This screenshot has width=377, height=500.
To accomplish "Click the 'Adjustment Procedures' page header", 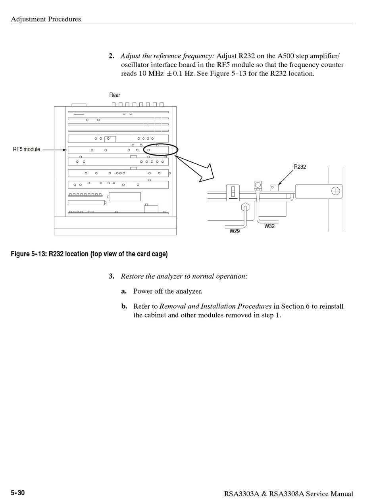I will pos(46,19).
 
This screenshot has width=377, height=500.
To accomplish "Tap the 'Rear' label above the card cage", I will pos(115,95).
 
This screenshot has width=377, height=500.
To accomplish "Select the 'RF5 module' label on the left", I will pos(27,150).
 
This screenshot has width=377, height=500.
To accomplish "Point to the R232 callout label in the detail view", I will pos(300,167).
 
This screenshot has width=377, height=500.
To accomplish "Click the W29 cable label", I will pos(235,231).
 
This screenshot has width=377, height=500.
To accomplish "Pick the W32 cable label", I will pos(269,226).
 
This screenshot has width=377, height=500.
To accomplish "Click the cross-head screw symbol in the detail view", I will pos(336,191).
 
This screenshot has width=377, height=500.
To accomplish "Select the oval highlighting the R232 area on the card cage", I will pos(160,149).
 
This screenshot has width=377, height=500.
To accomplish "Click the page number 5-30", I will pos(18,493).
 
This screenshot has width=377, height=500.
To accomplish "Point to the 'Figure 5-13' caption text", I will pos(89,254).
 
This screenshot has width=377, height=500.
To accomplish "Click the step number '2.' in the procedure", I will pos(112,56).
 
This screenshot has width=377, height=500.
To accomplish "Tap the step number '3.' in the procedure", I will pos(112,276).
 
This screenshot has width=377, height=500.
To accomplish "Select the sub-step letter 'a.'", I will pos(124,291).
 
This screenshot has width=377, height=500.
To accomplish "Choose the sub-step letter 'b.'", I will pos(124,306).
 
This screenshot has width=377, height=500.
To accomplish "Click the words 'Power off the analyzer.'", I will pos(168,291).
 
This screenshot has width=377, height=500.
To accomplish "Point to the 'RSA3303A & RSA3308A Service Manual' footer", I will pos(289,494).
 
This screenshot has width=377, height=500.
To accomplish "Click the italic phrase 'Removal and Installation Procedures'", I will pos(215,306).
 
